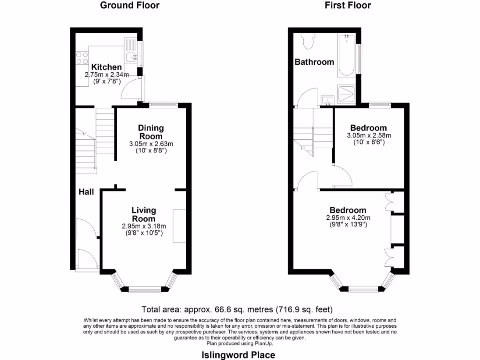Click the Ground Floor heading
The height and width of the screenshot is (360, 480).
point(130,6)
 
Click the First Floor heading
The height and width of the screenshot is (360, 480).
point(347,6)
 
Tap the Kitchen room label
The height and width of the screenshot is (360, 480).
point(106,67)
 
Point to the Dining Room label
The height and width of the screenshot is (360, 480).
point(150,132)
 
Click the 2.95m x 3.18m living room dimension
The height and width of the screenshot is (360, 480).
point(143,226)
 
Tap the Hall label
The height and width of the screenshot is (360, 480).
point(86,192)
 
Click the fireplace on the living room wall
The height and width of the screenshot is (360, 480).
point(179,226)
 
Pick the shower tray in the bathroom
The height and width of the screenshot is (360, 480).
point(347,94)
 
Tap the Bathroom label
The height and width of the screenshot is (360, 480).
point(314,62)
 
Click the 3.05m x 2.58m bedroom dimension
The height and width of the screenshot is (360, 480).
point(368,135)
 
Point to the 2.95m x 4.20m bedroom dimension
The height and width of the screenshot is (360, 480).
point(348,218)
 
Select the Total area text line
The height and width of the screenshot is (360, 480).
point(237,309)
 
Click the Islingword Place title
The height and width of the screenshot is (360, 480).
point(238,355)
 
